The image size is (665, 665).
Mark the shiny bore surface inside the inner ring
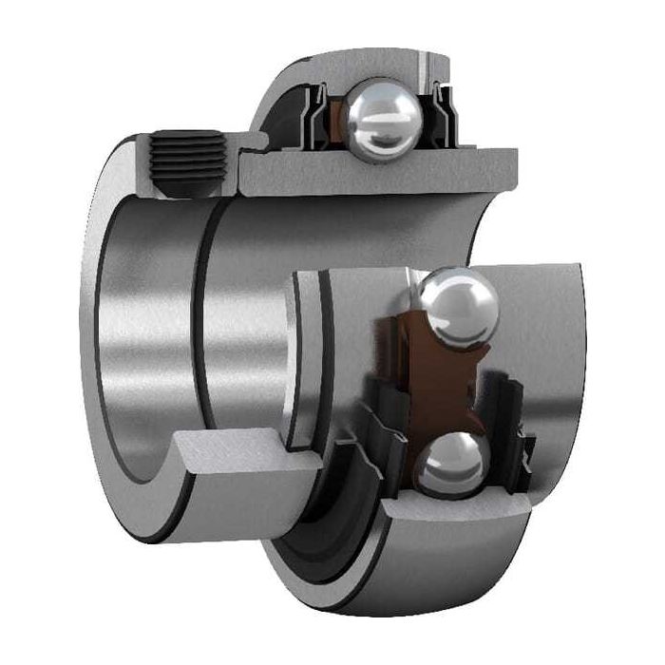pyautogui.click(x=142, y=313)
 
